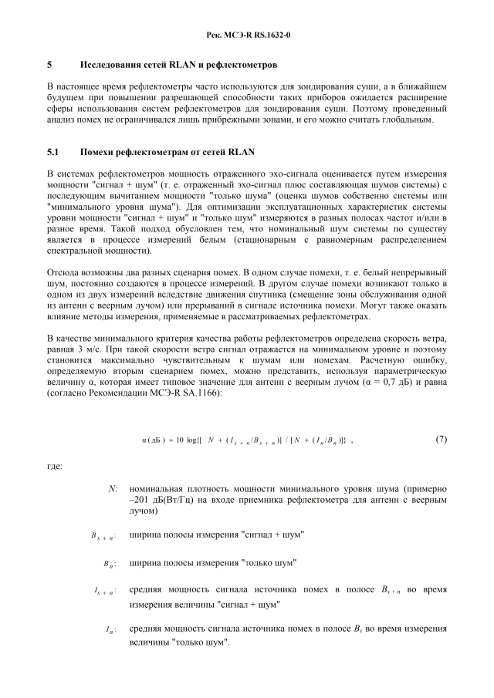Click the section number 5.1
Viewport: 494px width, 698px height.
[x=53, y=152]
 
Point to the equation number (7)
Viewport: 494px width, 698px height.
[x=441, y=440]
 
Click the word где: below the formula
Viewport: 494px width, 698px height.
[x=55, y=466]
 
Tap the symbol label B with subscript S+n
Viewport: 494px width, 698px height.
[x=103, y=534]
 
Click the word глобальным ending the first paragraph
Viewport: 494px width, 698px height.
[x=408, y=120]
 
